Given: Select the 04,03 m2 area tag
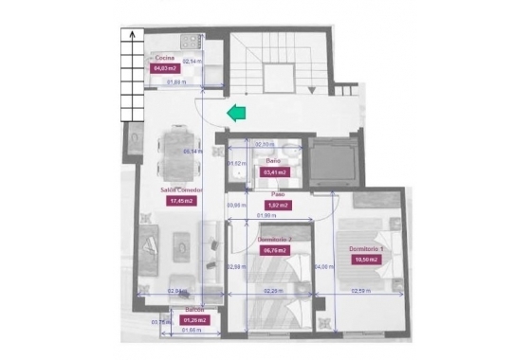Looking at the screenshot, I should pyautogui.click(x=166, y=68).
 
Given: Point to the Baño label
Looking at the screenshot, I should pyautogui.click(x=272, y=162).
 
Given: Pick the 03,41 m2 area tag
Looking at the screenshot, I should pyautogui.click(x=273, y=172).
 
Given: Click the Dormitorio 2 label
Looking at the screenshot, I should pyautogui.click(x=274, y=241).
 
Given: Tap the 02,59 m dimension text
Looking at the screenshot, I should pyautogui.click(x=360, y=291).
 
